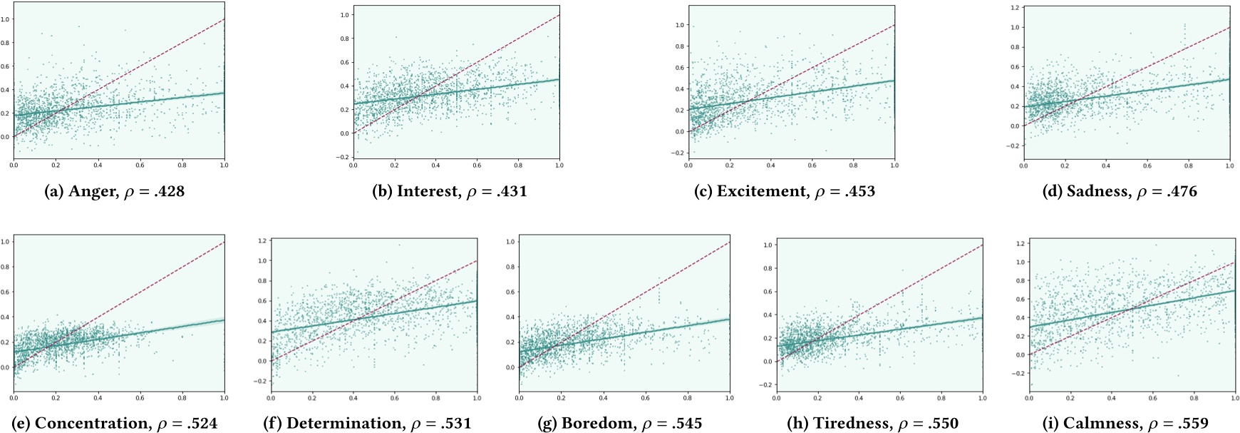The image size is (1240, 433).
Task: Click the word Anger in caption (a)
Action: point(91,191)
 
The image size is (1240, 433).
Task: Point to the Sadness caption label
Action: point(1097,191)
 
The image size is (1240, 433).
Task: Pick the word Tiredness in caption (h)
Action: point(859,424)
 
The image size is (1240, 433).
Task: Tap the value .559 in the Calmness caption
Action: point(1192,424)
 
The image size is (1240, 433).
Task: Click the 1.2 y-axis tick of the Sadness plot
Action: point(1015,7)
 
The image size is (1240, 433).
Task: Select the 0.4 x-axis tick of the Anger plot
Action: point(98,165)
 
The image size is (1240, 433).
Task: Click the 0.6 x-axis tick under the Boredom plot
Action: point(646,398)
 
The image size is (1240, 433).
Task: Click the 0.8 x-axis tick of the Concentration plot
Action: point(182,398)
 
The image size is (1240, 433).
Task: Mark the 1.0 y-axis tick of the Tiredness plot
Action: point(768,245)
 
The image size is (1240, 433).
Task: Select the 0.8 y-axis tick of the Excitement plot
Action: point(679,46)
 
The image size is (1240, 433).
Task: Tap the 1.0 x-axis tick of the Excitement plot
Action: point(894,165)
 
